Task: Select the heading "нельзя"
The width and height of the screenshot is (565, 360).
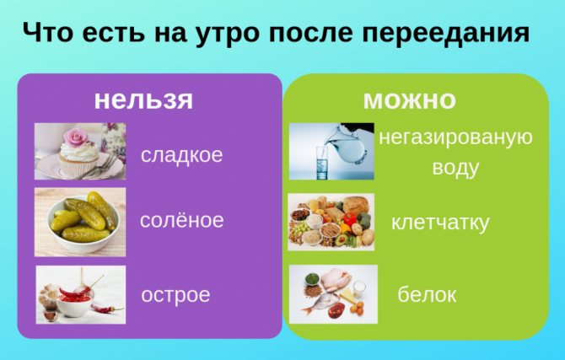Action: (x=143, y=99)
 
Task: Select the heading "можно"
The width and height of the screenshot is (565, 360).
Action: (x=410, y=100)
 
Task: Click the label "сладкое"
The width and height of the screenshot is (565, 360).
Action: (x=182, y=155)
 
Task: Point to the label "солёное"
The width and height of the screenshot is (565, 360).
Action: (x=182, y=220)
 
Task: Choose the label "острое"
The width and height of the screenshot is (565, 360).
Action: (x=175, y=295)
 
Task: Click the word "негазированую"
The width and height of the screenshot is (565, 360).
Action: (x=456, y=138)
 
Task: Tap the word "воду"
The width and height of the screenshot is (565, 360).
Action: (x=456, y=169)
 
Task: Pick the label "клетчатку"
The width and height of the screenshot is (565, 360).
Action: (x=440, y=223)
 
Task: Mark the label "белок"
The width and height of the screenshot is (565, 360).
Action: (x=427, y=294)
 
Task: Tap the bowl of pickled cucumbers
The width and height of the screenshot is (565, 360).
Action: (x=83, y=223)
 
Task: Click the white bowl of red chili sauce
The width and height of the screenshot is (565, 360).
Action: (x=74, y=304)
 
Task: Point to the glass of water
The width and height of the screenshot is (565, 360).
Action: (x=322, y=162)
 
